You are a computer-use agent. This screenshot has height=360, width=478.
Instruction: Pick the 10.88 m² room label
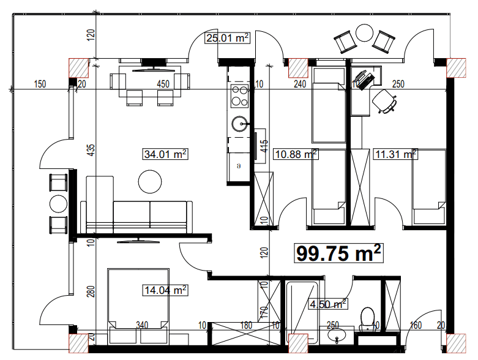[296, 154]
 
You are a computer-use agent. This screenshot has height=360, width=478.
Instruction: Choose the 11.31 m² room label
[395, 154]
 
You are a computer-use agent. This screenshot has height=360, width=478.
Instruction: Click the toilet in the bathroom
[367, 318]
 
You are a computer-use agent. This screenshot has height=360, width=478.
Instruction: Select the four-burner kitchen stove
[239, 95]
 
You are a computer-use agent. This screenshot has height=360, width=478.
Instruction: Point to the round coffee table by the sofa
[150, 181]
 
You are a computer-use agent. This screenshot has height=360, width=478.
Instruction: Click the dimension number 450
[163, 84]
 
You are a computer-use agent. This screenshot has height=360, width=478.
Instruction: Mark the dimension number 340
[143, 324]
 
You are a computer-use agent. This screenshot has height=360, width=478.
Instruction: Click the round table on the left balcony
[58, 203]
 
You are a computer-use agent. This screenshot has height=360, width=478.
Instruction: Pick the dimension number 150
[40, 84]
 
